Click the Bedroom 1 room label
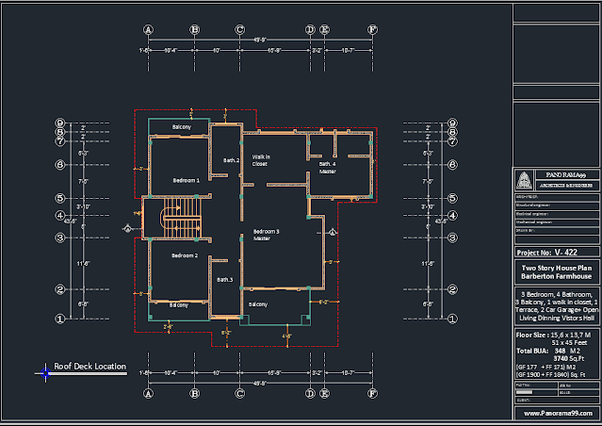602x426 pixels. (186, 179)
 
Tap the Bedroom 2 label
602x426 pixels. (184, 255)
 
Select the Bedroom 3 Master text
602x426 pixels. (267, 235)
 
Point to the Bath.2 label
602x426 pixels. (231, 161)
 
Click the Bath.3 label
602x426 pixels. (225, 280)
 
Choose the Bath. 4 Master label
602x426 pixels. (327, 168)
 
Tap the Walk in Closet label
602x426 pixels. (261, 160)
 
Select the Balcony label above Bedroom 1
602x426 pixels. (182, 126)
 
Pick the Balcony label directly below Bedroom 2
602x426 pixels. (178, 304)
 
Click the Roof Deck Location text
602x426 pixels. (89, 365)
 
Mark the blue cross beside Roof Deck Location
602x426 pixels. (44, 372)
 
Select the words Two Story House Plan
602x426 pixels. (557, 268)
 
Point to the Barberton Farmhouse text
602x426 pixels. (557, 277)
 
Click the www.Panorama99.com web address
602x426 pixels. (557, 413)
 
